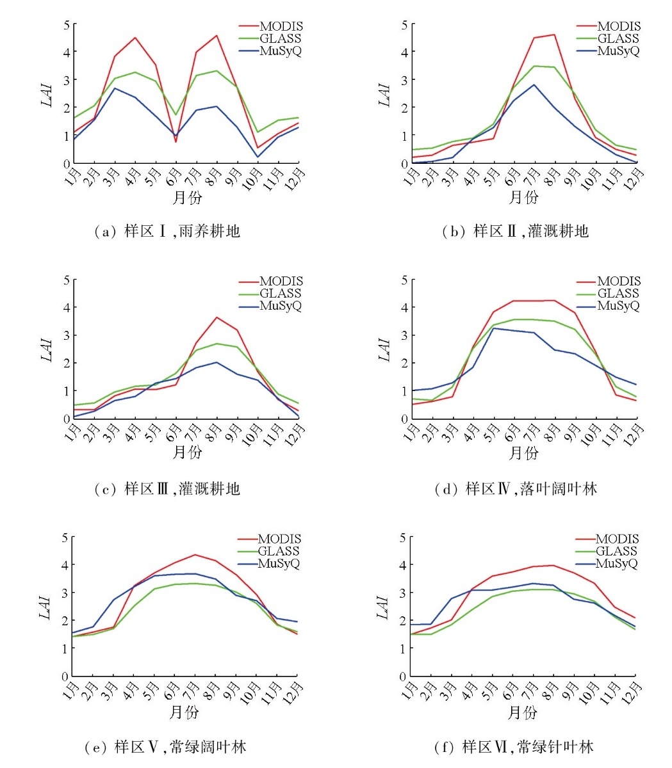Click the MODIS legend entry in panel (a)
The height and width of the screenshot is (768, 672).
[x=281, y=27]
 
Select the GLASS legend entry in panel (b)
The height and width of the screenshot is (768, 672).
[x=618, y=39]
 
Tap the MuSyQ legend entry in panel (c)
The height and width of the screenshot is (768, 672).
[x=280, y=306]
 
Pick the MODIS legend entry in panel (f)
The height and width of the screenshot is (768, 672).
[x=616, y=540]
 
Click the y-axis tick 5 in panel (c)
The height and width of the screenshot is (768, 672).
[x=66, y=280]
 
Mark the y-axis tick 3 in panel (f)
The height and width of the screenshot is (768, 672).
[x=403, y=593]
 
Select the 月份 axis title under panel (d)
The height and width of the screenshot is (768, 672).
[x=523, y=453]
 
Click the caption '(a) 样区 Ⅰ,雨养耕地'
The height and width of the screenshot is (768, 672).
[x=167, y=232]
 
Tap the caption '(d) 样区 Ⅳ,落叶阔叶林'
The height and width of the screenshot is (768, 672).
[x=516, y=490]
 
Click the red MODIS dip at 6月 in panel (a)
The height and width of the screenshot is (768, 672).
[x=176, y=141]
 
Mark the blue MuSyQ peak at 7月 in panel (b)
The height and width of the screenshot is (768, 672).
[x=534, y=84]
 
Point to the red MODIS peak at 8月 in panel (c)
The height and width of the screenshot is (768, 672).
[x=217, y=317]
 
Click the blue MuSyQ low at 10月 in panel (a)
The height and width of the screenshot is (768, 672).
[x=258, y=157]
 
